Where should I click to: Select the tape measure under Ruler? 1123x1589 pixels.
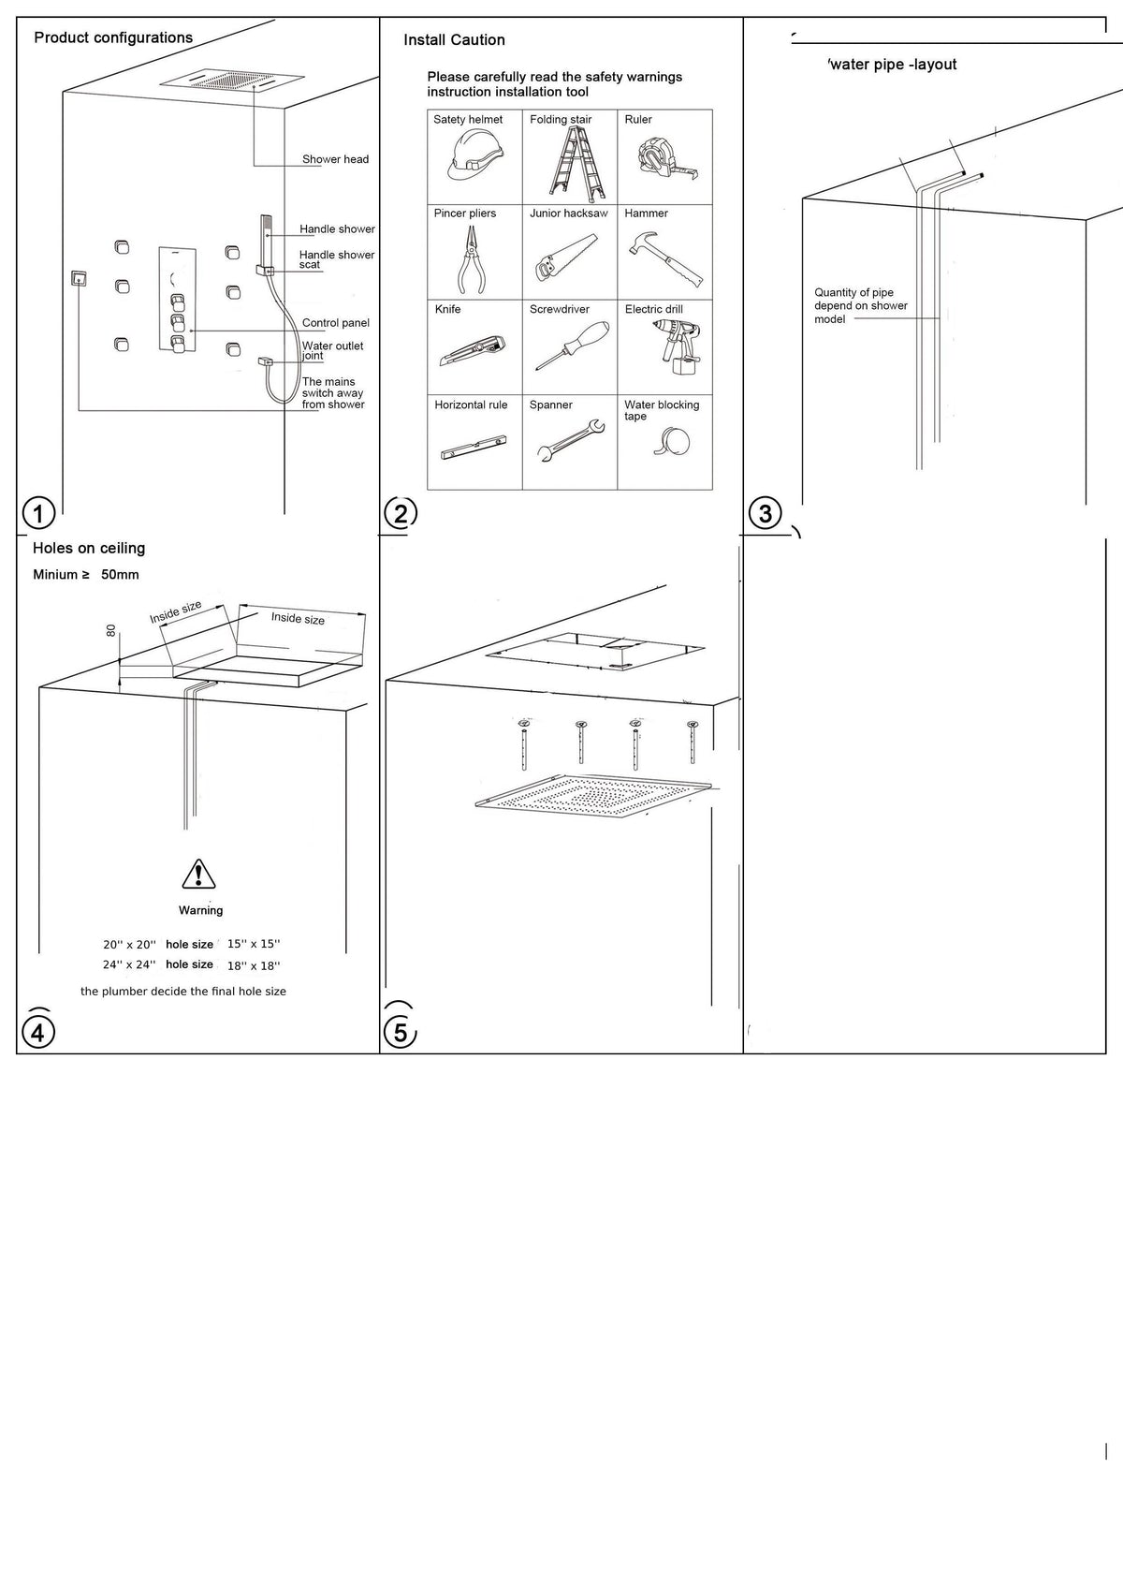665,160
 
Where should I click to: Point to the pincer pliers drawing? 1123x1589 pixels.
470,257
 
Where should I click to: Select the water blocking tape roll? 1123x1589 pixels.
675,441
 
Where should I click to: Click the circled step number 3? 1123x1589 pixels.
766,513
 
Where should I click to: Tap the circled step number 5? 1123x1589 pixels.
401,1033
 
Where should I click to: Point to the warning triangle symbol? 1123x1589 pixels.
198,874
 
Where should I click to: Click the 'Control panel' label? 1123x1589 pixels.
335,323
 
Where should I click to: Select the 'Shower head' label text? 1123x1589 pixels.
335,159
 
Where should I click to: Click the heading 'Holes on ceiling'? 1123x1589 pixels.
89,548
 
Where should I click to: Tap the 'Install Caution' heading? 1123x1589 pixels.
454,39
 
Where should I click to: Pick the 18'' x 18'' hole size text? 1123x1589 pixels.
253,965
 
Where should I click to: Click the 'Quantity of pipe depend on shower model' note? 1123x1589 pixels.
860,305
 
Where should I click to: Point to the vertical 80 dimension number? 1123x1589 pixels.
111,632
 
